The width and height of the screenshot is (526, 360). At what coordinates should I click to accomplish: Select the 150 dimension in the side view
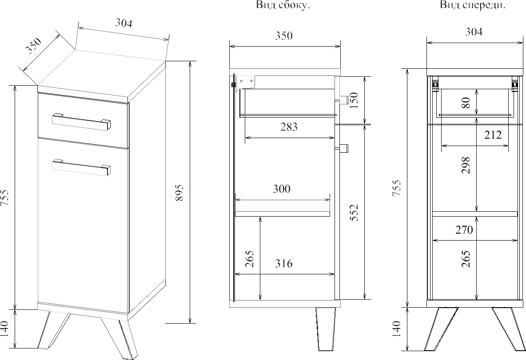point(354,100)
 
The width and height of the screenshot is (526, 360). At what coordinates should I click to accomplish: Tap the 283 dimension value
point(289,127)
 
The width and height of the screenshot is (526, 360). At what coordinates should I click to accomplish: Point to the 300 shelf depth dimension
point(282,189)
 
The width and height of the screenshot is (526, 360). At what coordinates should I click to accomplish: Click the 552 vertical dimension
point(354,213)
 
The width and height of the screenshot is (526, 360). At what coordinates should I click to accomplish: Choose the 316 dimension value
point(283,264)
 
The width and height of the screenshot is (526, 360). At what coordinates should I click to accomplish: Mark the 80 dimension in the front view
point(466,103)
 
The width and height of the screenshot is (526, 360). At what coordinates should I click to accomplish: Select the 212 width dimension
point(493,135)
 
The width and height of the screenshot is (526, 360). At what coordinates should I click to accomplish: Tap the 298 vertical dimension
point(466,165)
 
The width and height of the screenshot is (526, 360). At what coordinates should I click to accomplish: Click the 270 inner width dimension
point(464,230)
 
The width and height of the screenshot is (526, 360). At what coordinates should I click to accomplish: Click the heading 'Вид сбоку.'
point(283,5)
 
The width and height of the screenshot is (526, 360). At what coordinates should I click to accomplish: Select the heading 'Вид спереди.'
point(472,5)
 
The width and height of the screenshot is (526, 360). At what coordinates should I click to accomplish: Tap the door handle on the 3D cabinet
point(81,166)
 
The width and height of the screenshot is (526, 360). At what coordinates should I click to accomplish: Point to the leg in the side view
point(325,329)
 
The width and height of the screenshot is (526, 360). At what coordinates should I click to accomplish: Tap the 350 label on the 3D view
point(34,46)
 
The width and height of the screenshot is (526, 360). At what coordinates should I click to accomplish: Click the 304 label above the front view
point(474,32)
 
